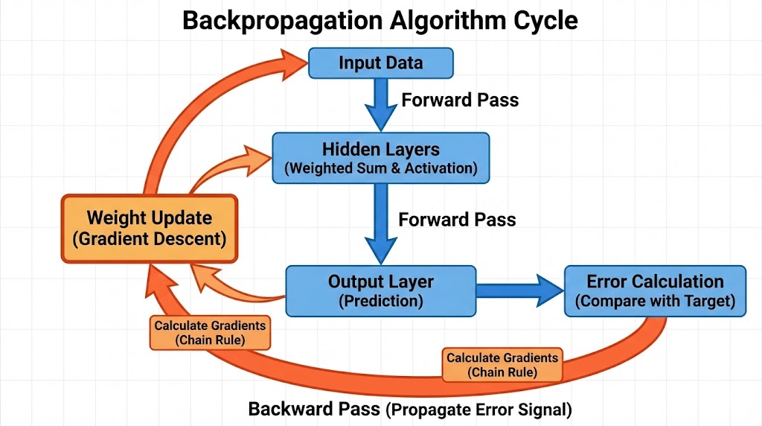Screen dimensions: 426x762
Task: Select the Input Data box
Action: (x=380, y=63)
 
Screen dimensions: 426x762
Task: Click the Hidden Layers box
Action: (x=380, y=157)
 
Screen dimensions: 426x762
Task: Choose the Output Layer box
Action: (x=380, y=290)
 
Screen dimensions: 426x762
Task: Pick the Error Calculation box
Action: (x=655, y=290)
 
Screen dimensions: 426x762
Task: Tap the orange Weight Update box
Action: (x=149, y=228)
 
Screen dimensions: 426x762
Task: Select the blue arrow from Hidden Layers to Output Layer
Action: (x=380, y=223)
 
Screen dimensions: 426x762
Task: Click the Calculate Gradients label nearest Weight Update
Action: (x=209, y=332)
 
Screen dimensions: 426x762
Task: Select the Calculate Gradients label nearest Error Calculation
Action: (x=502, y=364)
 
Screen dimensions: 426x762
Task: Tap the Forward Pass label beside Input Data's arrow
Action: (x=460, y=100)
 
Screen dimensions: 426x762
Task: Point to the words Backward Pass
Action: (x=313, y=409)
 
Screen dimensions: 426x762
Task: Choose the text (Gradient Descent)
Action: (x=149, y=240)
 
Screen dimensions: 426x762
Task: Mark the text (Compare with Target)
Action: (x=655, y=302)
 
